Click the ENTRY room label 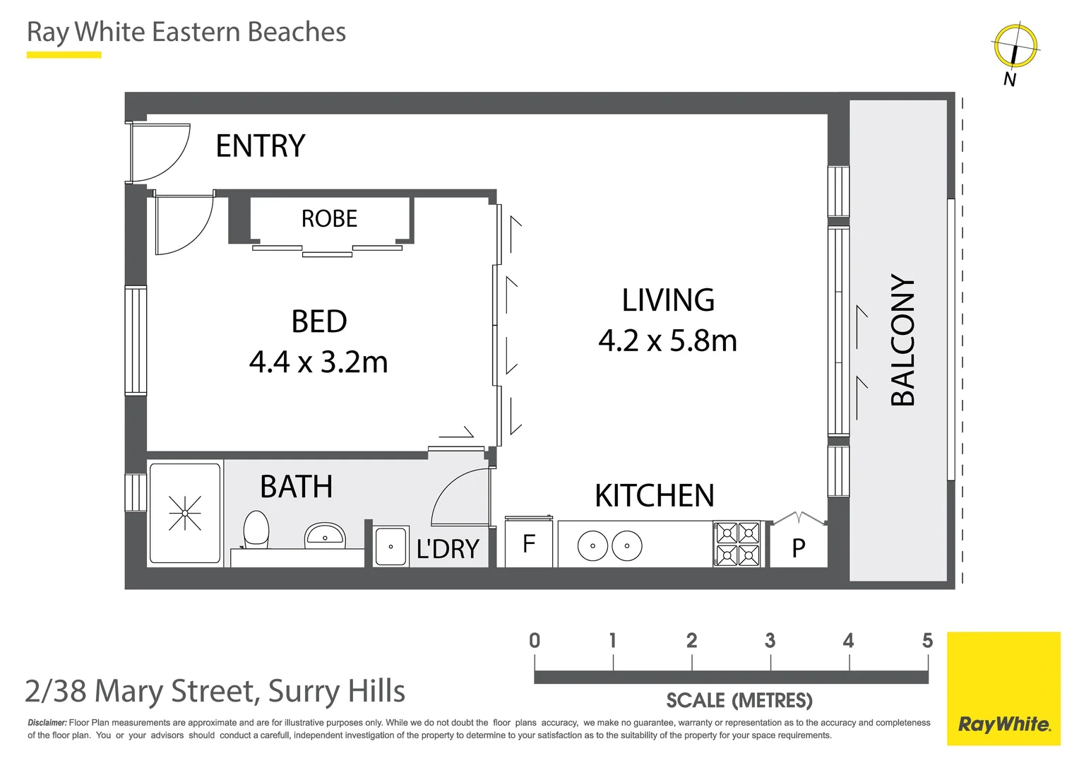click(260, 146)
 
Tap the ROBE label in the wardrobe click(329, 219)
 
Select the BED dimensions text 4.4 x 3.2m click(318, 362)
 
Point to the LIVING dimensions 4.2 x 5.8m click(667, 341)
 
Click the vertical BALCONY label click(902, 340)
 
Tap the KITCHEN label click(654, 496)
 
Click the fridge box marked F click(528, 543)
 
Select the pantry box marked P click(798, 548)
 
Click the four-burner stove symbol click(737, 543)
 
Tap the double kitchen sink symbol click(609, 545)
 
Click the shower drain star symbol click(185, 513)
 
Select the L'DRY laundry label click(448, 549)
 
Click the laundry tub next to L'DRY click(391, 546)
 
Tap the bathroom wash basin click(325, 536)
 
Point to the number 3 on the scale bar click(770, 641)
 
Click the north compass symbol click(1015, 47)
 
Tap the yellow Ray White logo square click(1003, 688)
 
